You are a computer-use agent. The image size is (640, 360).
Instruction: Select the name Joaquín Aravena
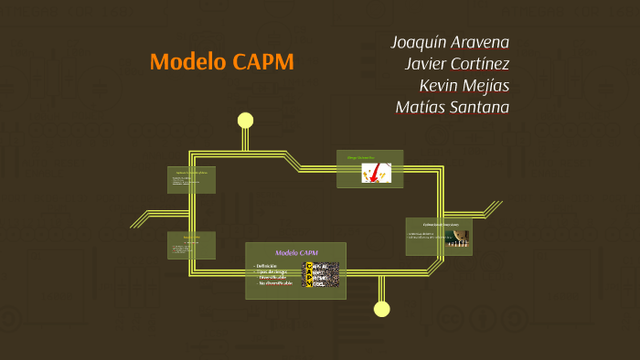click(450, 42)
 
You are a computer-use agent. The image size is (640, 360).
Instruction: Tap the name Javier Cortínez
click(456, 64)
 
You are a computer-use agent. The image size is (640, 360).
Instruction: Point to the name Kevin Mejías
click(464, 86)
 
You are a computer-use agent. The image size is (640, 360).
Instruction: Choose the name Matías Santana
click(452, 108)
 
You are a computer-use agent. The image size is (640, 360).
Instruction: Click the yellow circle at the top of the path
click(245, 120)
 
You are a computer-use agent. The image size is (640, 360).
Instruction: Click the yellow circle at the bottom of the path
click(382, 309)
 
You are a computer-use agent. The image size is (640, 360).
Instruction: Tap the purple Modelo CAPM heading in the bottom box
click(296, 252)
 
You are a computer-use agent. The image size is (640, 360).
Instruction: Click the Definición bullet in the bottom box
click(266, 265)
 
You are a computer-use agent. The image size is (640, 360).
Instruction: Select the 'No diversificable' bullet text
click(275, 283)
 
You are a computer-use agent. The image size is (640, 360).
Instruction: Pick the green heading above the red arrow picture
click(361, 157)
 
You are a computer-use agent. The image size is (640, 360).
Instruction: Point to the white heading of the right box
click(440, 224)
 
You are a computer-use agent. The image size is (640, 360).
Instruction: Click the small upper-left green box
click(191, 179)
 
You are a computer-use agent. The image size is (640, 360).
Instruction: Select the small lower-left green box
click(191, 244)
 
